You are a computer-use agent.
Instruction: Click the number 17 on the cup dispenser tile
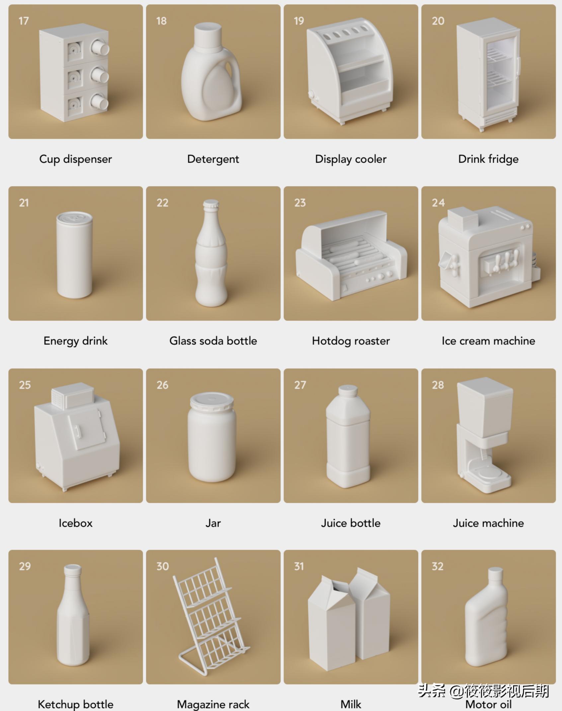point(24,21)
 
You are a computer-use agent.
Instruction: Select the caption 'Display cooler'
point(351,159)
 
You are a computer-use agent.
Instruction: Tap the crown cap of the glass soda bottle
point(211,204)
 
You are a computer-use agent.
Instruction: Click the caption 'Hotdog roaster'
point(351,341)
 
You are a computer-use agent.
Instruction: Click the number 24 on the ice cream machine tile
point(438,203)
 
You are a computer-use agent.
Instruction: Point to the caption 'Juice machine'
point(488,523)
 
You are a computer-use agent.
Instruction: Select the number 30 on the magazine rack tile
point(163,566)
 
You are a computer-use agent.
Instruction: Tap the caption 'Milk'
point(351,704)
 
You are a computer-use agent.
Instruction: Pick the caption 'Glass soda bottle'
point(213,341)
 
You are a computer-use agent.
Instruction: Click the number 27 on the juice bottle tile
point(300,385)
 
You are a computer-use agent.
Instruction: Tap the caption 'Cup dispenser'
point(76,159)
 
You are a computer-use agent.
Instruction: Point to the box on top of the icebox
point(72,395)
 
